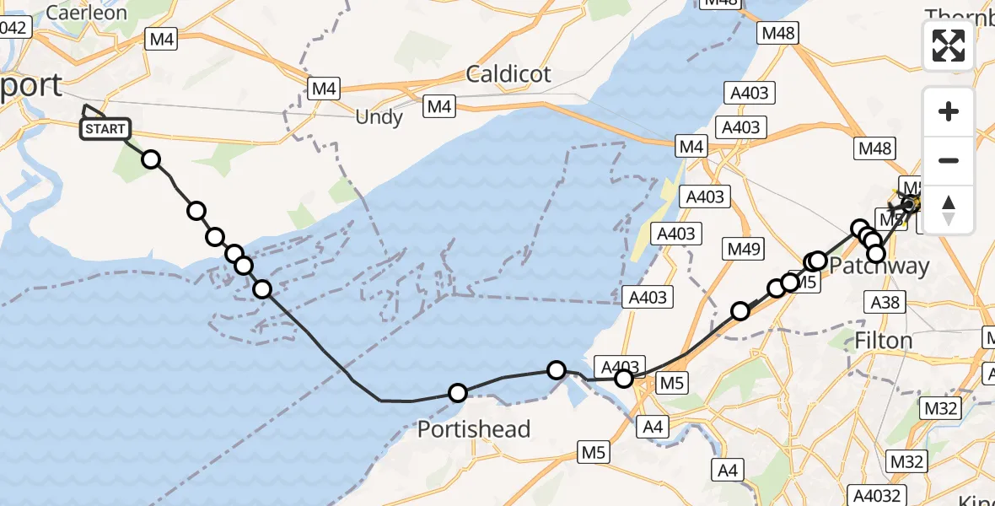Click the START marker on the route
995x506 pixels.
105,129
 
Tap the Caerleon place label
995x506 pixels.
86,13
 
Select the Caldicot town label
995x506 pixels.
508,73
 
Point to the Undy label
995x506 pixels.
379,117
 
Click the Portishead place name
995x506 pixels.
474,429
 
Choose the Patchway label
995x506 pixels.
879,266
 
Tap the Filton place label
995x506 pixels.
884,341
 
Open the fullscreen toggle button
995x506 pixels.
949,46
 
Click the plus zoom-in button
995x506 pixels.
949,111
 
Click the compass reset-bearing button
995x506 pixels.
949,209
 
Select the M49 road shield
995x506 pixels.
744,249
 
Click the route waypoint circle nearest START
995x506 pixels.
151,159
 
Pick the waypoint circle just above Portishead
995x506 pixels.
458,392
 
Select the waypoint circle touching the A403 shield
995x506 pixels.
624,379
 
